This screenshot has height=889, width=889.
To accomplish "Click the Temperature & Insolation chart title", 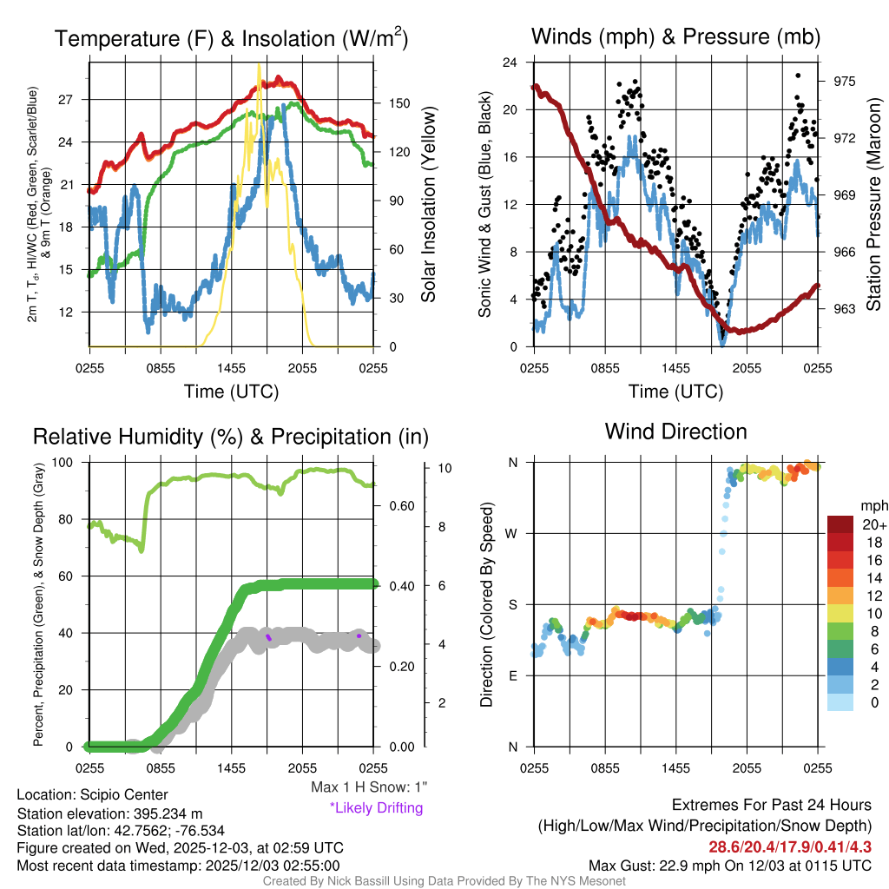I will point(231,39).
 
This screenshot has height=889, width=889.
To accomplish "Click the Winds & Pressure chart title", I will point(676,37).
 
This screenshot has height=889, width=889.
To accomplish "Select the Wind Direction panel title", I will point(675,431).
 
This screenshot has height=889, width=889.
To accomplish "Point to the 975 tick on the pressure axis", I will point(845,81).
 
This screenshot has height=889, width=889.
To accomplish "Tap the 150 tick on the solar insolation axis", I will point(398,103).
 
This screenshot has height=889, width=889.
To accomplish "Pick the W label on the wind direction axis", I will point(513,533).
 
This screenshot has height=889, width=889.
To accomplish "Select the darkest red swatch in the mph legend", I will point(842,525).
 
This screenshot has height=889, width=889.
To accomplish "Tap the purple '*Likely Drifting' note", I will point(376,808).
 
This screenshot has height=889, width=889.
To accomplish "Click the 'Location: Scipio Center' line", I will point(92,794).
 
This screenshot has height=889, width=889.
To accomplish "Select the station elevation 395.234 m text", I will point(109,813).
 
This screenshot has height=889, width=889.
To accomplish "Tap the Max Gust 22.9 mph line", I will point(729,865).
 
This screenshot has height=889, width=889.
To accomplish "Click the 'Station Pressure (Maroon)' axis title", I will point(873,205).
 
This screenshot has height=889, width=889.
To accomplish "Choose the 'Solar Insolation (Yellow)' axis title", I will point(428,205).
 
